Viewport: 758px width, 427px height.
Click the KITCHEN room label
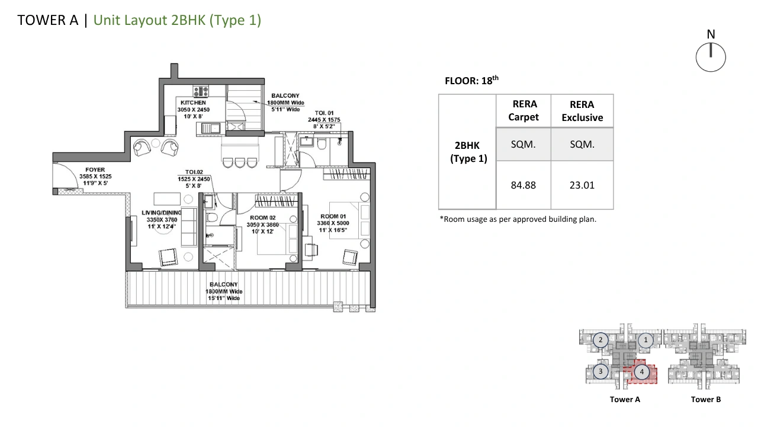coord(193,103)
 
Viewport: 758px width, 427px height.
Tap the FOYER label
coord(95,170)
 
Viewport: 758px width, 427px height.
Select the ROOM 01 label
coord(333,216)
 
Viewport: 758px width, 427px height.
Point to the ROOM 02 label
coord(262,218)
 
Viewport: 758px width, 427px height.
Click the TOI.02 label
coord(194,172)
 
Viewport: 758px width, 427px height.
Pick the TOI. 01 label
coord(324,113)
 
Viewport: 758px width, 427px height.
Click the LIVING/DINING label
coord(162,212)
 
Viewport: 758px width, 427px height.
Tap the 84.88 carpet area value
coord(523,185)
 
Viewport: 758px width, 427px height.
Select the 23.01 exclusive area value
coord(582,185)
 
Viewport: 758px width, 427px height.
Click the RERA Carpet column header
coord(523,110)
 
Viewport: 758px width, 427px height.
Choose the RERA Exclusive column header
coord(582,111)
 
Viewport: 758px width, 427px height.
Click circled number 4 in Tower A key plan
coord(641,372)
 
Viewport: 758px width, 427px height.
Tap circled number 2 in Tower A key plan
coord(600,340)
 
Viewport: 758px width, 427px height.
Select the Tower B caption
coord(705,400)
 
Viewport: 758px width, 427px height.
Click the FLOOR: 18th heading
coord(471,80)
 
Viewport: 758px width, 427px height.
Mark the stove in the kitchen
coord(201,91)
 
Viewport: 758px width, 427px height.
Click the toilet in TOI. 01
coord(322,144)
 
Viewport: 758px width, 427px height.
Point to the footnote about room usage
coord(518,219)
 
